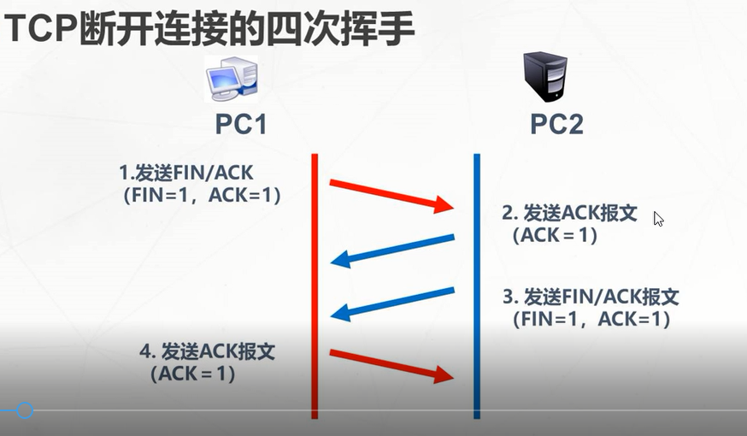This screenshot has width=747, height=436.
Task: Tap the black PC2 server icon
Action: click(545, 76)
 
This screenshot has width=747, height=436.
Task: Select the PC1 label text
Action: click(241, 125)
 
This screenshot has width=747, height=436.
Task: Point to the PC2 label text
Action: click(556, 125)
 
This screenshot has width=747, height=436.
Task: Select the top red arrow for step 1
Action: click(391, 195)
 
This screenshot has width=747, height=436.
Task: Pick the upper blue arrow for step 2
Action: click(393, 249)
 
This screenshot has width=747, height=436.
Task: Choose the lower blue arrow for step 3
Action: click(393, 303)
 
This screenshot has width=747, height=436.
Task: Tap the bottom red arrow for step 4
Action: click(391, 364)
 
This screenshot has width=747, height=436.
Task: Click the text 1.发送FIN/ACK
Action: click(185, 174)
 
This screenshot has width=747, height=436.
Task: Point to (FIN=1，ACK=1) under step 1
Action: click(202, 196)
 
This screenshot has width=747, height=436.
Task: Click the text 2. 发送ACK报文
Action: click(569, 213)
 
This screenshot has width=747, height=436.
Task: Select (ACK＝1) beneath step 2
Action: click(554, 235)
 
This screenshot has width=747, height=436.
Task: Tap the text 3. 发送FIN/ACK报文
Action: click(591, 298)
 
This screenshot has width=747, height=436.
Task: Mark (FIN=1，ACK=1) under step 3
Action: click(591, 320)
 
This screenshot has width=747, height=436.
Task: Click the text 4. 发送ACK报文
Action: click(207, 351)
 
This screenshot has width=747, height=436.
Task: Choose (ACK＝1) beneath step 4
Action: click(192, 374)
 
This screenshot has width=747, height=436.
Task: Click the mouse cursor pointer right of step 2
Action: click(657, 218)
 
